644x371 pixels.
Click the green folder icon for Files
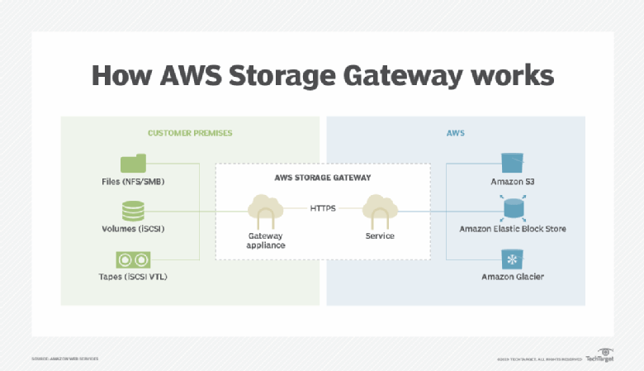click(132, 163)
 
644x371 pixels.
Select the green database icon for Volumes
click(132, 210)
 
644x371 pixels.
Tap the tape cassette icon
click(132, 259)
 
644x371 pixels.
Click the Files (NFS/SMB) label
click(132, 181)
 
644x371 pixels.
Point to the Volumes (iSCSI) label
click(132, 229)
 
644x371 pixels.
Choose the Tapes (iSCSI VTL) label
click(132, 276)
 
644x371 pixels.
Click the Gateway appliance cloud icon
click(265, 211)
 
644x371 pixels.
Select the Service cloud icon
click(380, 211)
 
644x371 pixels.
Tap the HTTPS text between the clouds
click(323, 208)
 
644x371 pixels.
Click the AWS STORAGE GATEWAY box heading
click(323, 178)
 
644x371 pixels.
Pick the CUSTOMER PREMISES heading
click(190, 132)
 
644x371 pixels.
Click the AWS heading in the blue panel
click(456, 132)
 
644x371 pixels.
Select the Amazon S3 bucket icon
click(513, 162)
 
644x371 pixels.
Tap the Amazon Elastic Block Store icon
click(513, 208)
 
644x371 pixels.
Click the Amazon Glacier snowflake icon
click(513, 259)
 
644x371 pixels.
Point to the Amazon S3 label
click(513, 181)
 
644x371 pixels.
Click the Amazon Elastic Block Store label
click(513, 229)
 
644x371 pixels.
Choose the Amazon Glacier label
click(513, 276)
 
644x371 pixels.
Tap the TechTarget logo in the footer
click(601, 358)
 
